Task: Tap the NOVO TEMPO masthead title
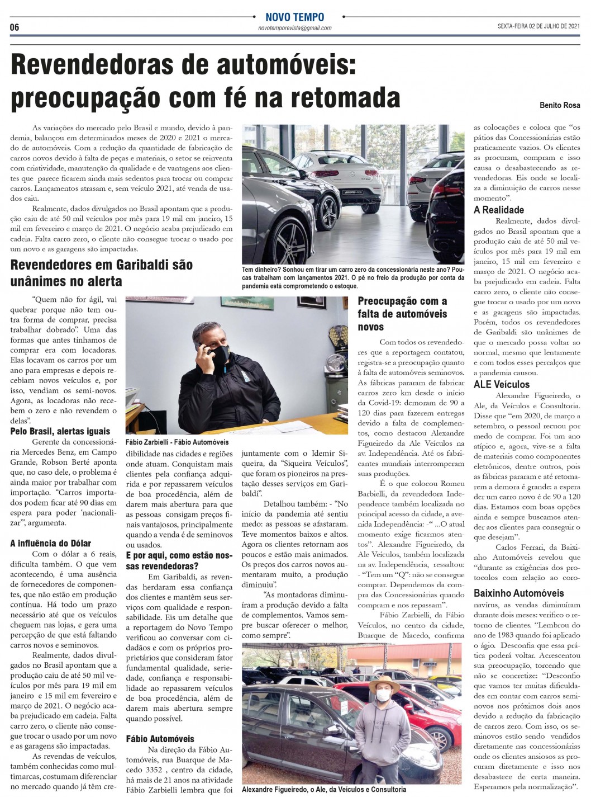coord(294,17)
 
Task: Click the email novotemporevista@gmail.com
coord(295,28)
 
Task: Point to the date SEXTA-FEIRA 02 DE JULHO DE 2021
coord(539,26)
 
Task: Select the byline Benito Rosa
coord(560,105)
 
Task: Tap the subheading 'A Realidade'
coord(499,210)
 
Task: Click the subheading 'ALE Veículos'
coord(502,384)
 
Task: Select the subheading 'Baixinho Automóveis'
coord(519,593)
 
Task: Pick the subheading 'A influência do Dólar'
coord(50,542)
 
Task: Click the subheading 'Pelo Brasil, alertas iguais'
coord(60,431)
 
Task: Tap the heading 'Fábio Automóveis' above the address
coord(160,738)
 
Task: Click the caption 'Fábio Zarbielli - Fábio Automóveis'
coord(177,442)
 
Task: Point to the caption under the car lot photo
coord(324,790)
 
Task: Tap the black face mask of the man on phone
coord(219,353)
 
